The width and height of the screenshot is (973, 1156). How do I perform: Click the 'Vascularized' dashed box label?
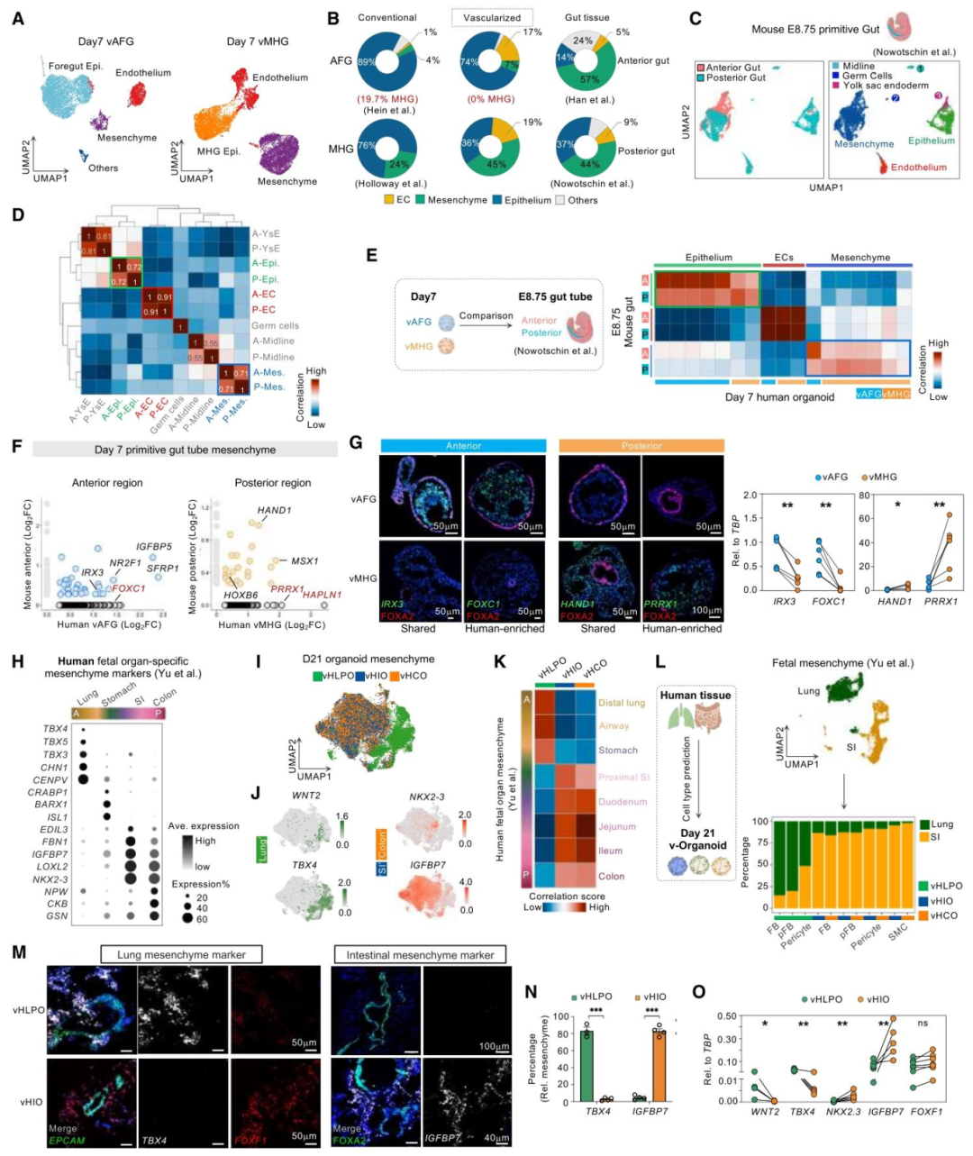coord(492,17)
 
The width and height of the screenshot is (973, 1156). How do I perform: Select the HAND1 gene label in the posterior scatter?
coord(274,510)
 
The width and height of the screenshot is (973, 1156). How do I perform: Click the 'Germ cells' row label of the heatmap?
coord(275,325)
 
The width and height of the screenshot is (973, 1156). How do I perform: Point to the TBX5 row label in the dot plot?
coord(55,742)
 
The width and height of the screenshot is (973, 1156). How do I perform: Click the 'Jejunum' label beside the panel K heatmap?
coord(617,826)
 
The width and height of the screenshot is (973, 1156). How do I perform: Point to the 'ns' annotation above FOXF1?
coord(923,1024)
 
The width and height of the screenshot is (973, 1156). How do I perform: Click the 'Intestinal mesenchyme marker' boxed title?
coord(420,954)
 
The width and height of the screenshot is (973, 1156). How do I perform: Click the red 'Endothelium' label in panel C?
coord(918,168)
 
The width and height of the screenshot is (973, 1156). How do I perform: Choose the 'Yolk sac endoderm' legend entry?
coord(886,86)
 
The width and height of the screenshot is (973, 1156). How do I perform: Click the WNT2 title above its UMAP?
coord(306,796)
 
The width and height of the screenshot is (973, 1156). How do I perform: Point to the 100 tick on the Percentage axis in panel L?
coord(761,822)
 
